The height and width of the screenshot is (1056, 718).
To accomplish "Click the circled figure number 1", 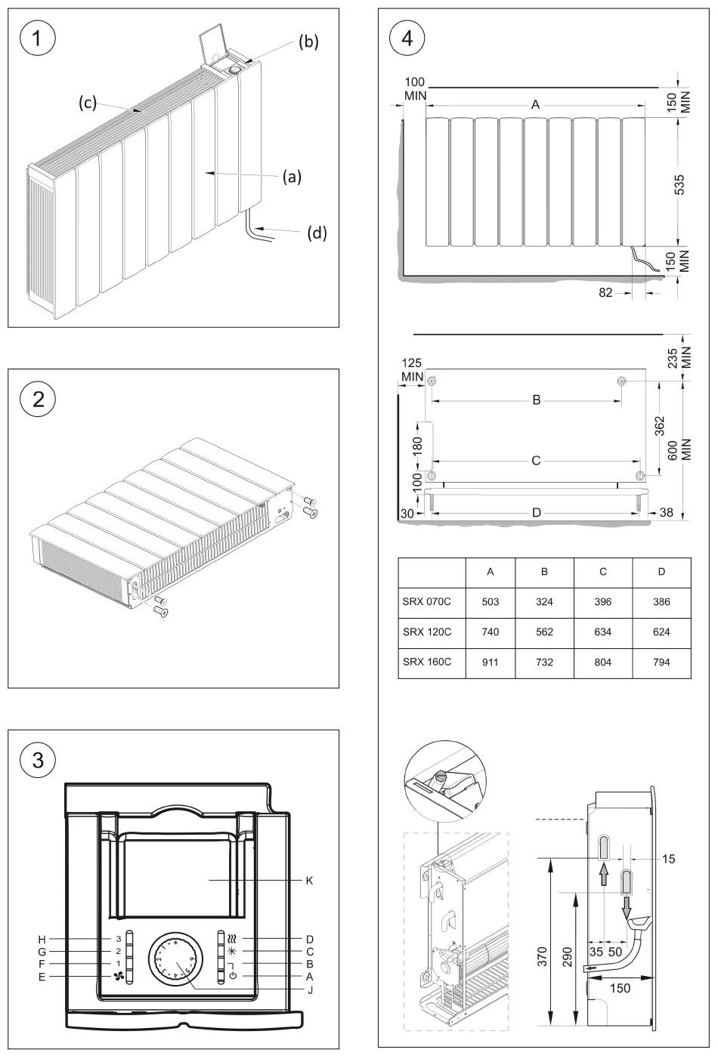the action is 38,39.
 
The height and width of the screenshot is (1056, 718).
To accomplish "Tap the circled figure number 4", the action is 407,39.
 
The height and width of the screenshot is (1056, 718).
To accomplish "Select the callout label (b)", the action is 308,42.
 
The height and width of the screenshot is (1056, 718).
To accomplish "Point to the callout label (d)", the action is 317,233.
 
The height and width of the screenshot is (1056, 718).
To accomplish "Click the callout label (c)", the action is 88,102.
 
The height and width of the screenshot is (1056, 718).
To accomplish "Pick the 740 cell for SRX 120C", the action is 491,631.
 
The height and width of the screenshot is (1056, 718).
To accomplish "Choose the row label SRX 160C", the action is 426,662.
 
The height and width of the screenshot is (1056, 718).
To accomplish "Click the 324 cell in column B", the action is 544,601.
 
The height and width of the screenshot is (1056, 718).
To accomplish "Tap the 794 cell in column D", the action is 661,662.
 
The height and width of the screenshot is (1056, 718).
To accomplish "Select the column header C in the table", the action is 603,572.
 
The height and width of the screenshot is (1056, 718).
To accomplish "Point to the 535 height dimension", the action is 679,184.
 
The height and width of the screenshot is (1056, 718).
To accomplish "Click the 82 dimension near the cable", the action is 605,293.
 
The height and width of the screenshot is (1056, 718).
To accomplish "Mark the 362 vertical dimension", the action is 660,426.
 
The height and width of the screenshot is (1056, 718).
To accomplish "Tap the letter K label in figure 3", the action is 309,880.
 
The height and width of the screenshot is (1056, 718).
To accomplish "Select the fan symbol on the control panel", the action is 118,977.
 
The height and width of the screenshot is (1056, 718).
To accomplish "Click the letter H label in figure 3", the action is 42,940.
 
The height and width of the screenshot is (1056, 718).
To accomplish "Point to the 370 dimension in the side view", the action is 542,956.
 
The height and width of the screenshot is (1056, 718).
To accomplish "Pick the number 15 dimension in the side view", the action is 668,858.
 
